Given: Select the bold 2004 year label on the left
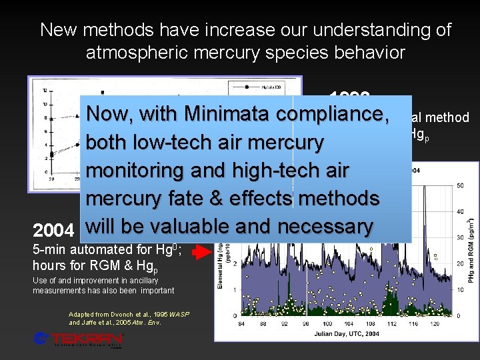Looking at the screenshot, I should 53,230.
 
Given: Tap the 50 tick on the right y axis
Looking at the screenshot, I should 459,185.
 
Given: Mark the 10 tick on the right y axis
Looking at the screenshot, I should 459,289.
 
